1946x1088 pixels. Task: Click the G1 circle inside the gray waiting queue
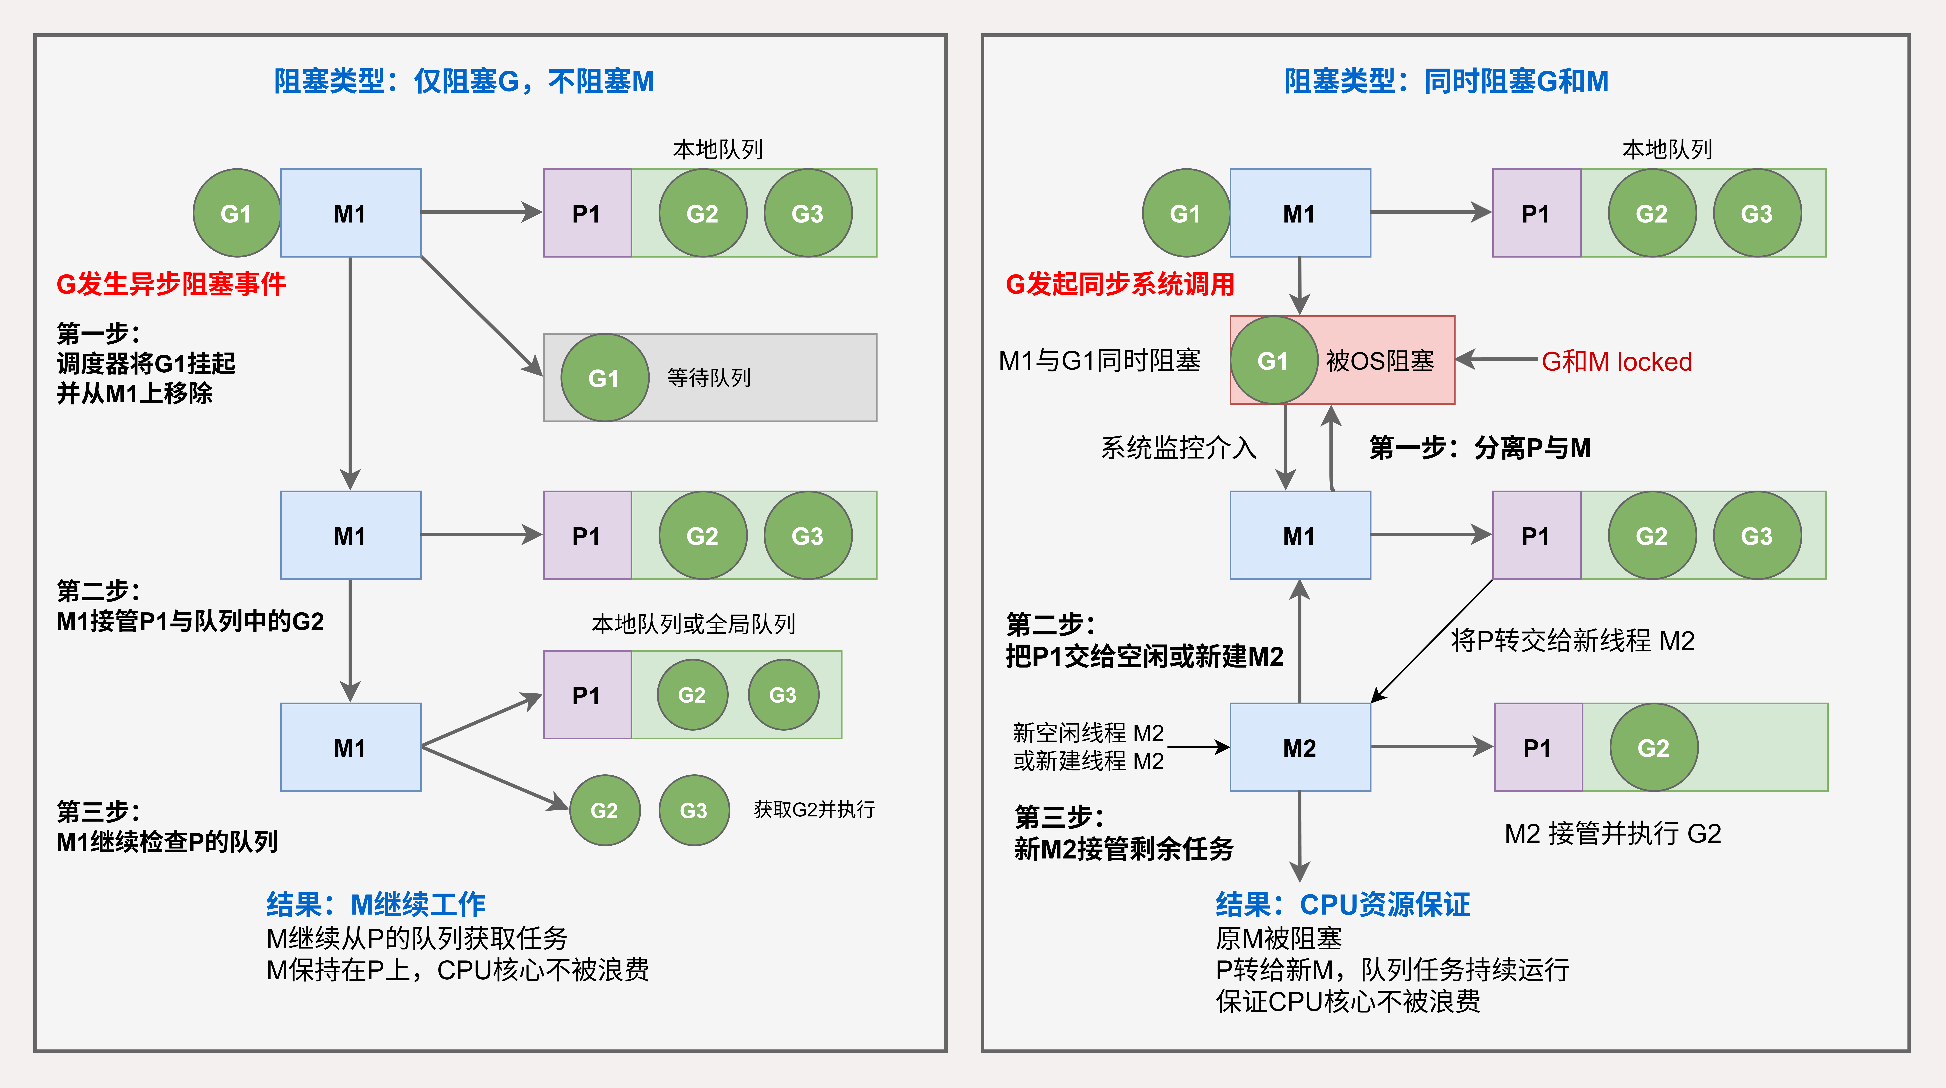coord(604,378)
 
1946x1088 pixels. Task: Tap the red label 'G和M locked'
coord(1617,361)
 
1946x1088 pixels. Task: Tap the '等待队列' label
coord(709,378)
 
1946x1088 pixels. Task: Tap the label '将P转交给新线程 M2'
coord(1573,641)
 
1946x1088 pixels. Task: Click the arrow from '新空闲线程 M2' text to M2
coord(1198,747)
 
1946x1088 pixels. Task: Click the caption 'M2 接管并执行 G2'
coord(1613,833)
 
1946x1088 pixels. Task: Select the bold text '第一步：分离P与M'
coord(1480,448)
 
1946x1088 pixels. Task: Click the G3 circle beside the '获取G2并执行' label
coord(693,810)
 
